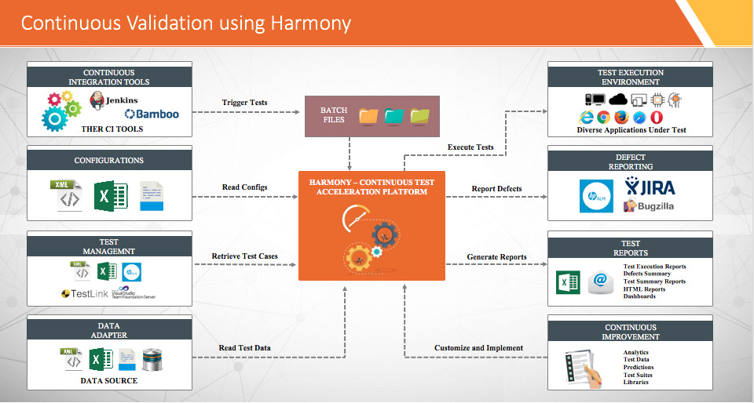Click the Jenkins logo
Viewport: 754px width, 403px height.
115,100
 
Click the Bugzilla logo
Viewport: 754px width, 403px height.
649,206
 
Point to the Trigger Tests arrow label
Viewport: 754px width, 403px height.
243,103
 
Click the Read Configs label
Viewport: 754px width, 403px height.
243,187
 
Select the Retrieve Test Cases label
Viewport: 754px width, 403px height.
243,256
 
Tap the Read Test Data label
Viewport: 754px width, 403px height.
243,348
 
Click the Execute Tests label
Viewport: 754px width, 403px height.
470,147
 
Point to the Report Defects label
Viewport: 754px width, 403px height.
496,188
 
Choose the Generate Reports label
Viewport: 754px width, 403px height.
496,256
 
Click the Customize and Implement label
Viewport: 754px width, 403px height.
478,348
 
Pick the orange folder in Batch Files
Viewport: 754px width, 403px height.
368,116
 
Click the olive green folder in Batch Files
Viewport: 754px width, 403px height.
420,116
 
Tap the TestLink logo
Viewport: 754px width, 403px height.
79,293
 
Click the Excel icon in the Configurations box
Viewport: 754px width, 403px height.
104,194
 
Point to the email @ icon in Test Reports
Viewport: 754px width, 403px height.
601,281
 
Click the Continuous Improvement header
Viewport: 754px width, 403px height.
630,332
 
